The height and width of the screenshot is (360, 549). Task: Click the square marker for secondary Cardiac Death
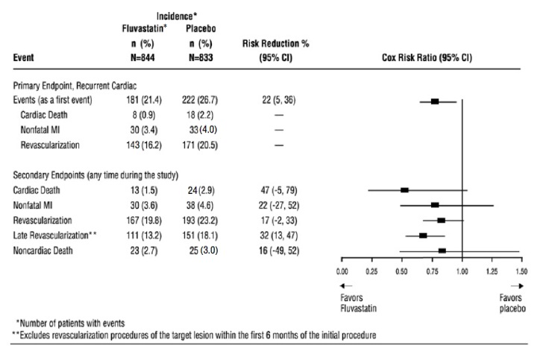click(x=405, y=190)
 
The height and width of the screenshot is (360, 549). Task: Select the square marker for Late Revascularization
click(x=423, y=236)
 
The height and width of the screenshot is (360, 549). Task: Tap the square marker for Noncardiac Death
click(x=442, y=251)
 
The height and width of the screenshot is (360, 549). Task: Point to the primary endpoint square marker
click(x=435, y=101)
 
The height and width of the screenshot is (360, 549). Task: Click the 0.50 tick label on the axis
click(x=403, y=271)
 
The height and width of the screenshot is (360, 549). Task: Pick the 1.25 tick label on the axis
click(x=492, y=271)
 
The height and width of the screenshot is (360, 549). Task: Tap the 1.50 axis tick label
click(x=521, y=271)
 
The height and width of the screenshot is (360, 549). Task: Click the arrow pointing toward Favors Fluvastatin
click(x=346, y=285)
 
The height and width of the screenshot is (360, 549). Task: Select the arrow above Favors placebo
click(x=517, y=285)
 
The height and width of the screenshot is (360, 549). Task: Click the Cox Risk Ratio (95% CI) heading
click(x=432, y=57)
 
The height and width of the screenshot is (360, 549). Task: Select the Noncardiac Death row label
click(x=47, y=251)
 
